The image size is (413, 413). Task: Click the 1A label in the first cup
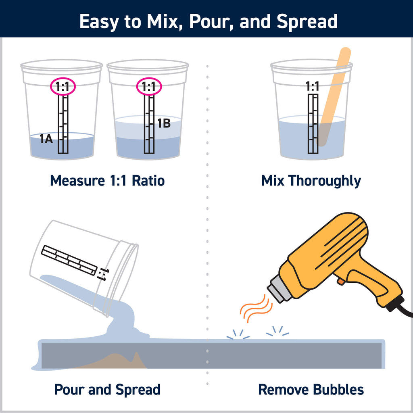pos(47,140)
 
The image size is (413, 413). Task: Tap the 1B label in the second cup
pos(163,123)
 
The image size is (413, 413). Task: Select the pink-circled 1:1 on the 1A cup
pos(63,87)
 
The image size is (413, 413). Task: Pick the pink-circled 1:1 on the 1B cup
pos(149,87)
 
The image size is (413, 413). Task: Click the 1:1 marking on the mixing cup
pos(313,86)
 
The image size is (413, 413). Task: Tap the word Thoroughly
pos(325,181)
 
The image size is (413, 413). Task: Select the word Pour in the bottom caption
pos(69,390)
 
